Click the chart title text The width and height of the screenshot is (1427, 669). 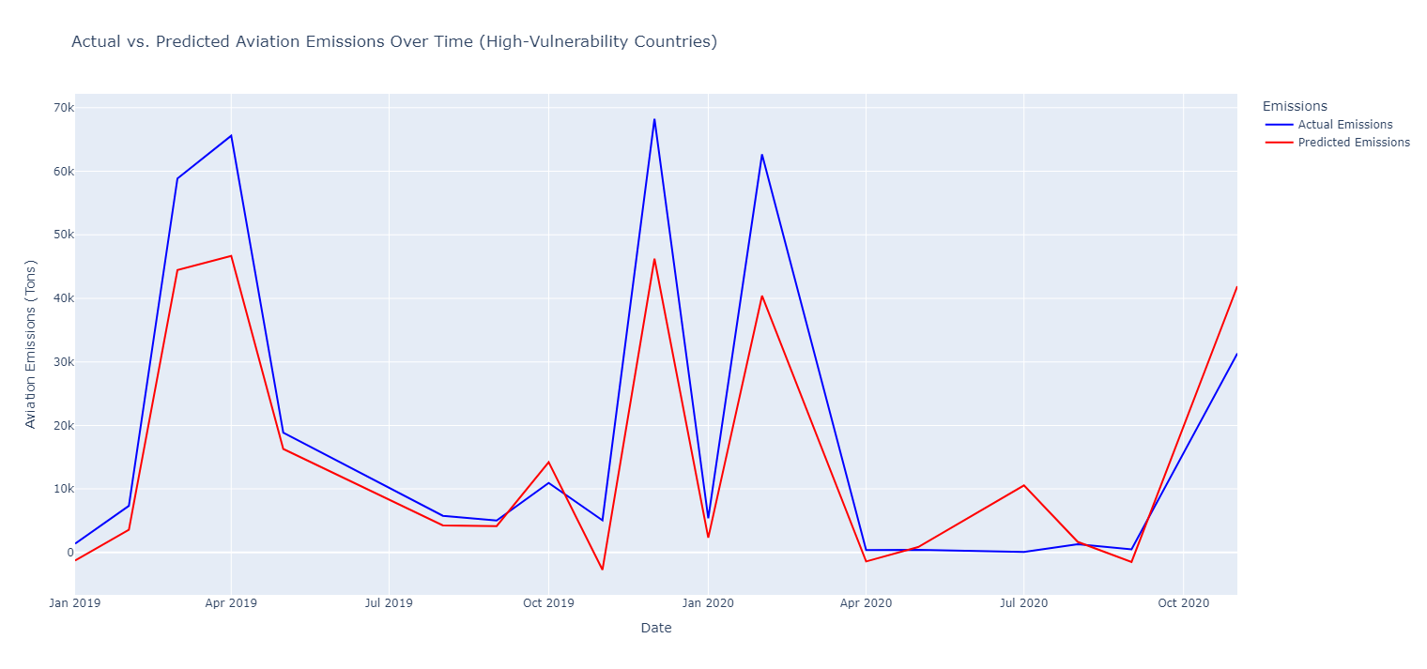coord(394,41)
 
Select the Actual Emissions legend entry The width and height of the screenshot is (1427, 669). coord(1344,125)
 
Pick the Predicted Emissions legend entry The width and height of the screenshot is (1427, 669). coord(1353,143)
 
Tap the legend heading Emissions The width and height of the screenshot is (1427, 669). coord(1295,106)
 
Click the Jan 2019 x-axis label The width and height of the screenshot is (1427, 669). coord(75,601)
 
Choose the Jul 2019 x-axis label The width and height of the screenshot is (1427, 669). coord(389,601)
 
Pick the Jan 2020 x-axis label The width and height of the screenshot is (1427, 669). coord(708,601)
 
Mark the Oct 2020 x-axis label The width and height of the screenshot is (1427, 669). coord(1183,601)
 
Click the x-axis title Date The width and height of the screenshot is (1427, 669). coord(656,628)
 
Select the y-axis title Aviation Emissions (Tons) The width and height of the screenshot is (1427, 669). coord(30,344)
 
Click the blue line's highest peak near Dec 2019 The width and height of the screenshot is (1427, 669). coord(654,119)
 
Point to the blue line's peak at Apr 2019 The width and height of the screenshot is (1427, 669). coord(231,135)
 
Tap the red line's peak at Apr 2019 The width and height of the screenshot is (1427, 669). coord(231,255)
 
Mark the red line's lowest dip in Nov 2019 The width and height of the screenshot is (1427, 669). coord(602,570)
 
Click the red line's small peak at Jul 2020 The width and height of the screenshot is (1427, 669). coord(1024,485)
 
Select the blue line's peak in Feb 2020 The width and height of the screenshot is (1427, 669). coord(761,155)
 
